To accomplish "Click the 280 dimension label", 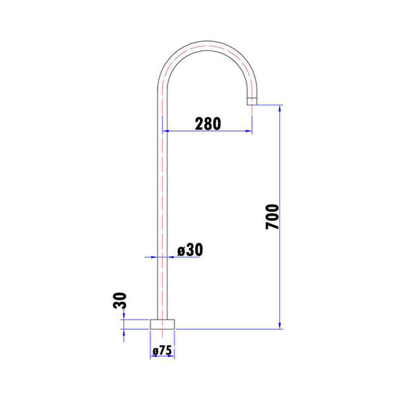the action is click(x=208, y=124).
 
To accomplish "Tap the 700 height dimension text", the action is click(x=272, y=216).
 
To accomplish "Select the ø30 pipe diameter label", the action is click(x=190, y=250).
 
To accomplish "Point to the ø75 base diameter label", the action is click(x=162, y=350).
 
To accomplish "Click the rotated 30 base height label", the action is click(x=120, y=300).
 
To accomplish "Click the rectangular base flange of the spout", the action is click(x=162, y=324).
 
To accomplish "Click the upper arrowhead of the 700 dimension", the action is click(x=280, y=109).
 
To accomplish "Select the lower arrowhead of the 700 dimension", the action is click(x=280, y=326).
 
